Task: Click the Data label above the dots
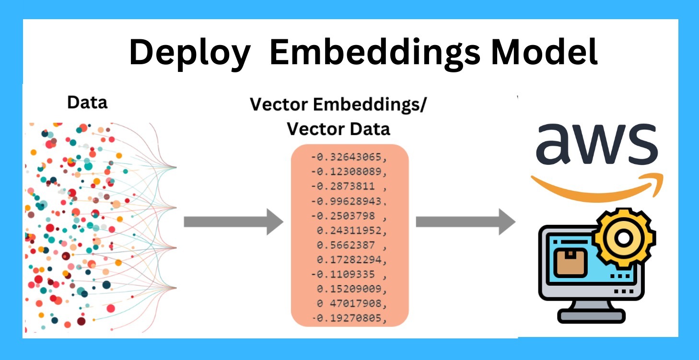coord(87,103)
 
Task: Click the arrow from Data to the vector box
coord(233,222)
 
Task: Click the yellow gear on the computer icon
coord(623,237)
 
